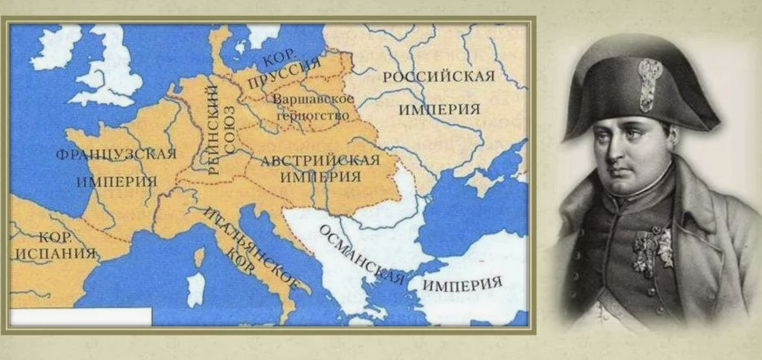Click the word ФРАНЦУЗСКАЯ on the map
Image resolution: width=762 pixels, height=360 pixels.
pos(116,154)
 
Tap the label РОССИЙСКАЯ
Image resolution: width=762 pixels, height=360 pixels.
pos(439,77)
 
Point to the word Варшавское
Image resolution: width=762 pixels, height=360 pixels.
pos(312,100)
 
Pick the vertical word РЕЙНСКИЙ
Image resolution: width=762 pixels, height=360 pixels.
pos(211,130)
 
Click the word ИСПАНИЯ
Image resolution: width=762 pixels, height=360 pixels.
pos(54,253)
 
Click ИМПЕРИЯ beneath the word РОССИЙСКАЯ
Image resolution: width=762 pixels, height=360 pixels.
pos(439,109)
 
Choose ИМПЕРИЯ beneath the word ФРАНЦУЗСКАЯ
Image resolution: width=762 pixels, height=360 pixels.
pos(116,182)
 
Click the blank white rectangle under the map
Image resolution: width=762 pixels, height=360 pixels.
pos(81,316)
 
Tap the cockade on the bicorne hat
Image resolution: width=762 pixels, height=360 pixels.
pos(650,83)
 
